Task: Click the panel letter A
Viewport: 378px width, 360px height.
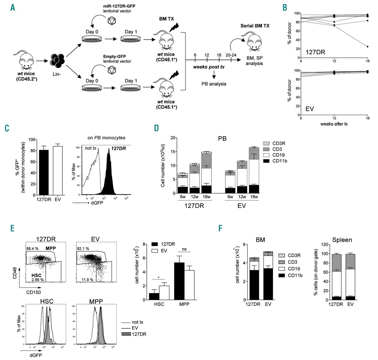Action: [x=12, y=7]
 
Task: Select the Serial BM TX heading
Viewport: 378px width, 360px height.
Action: [x=255, y=26]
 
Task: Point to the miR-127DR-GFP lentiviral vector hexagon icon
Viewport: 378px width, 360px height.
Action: [x=112, y=21]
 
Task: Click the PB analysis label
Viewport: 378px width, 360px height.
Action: [x=214, y=84]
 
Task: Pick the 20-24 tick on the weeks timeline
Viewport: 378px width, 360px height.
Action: [x=231, y=55]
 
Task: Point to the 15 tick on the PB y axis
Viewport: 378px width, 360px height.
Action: [x=174, y=152]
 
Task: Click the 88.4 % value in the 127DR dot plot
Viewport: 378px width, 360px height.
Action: [x=32, y=249]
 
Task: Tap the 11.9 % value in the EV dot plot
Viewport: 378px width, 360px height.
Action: [x=87, y=280]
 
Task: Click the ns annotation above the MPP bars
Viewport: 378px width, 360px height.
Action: [x=184, y=249]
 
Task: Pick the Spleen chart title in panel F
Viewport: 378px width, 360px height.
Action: [x=342, y=240]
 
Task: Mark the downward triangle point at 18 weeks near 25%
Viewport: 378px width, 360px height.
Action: [x=367, y=47]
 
